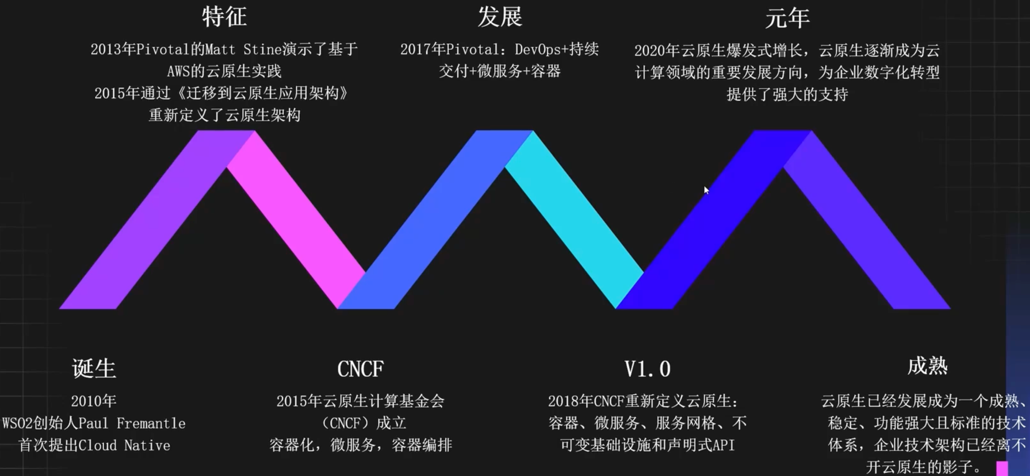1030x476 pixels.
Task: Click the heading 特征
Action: coord(224,17)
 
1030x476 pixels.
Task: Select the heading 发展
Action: coord(500,17)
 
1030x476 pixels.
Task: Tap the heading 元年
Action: coord(787,18)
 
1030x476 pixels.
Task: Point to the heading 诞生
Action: coord(94,368)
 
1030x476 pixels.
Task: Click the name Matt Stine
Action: coord(243,50)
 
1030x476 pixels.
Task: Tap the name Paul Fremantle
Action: coord(132,423)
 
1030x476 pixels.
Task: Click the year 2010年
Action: coord(94,401)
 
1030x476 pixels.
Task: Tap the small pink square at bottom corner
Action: coord(1002,468)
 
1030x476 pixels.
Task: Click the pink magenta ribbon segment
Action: coord(296,220)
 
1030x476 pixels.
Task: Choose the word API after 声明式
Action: coord(724,445)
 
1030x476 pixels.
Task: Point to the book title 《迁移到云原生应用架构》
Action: coord(262,93)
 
